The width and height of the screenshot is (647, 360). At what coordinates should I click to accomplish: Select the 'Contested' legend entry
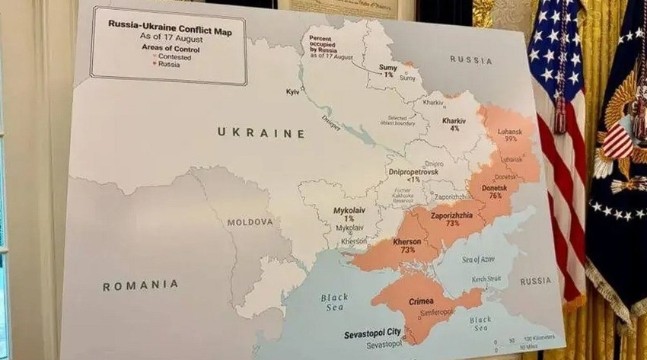click(174, 57)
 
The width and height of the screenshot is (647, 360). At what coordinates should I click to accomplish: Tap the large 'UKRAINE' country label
click(261, 132)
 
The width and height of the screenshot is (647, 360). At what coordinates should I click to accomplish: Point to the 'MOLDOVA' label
click(250, 222)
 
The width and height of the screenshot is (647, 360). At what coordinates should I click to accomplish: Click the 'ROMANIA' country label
click(141, 285)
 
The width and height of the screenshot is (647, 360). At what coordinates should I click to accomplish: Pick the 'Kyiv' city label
click(292, 92)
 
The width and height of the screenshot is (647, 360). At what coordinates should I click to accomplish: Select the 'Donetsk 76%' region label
click(495, 190)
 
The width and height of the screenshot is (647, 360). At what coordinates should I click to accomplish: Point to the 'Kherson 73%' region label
click(408, 246)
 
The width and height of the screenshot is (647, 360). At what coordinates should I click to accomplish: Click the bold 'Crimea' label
click(421, 301)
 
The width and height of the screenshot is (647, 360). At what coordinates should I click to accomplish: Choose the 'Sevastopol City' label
click(371, 333)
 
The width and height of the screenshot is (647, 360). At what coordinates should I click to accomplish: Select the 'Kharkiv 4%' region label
click(454, 124)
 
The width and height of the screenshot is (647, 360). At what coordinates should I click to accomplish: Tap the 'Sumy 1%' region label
click(388, 70)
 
